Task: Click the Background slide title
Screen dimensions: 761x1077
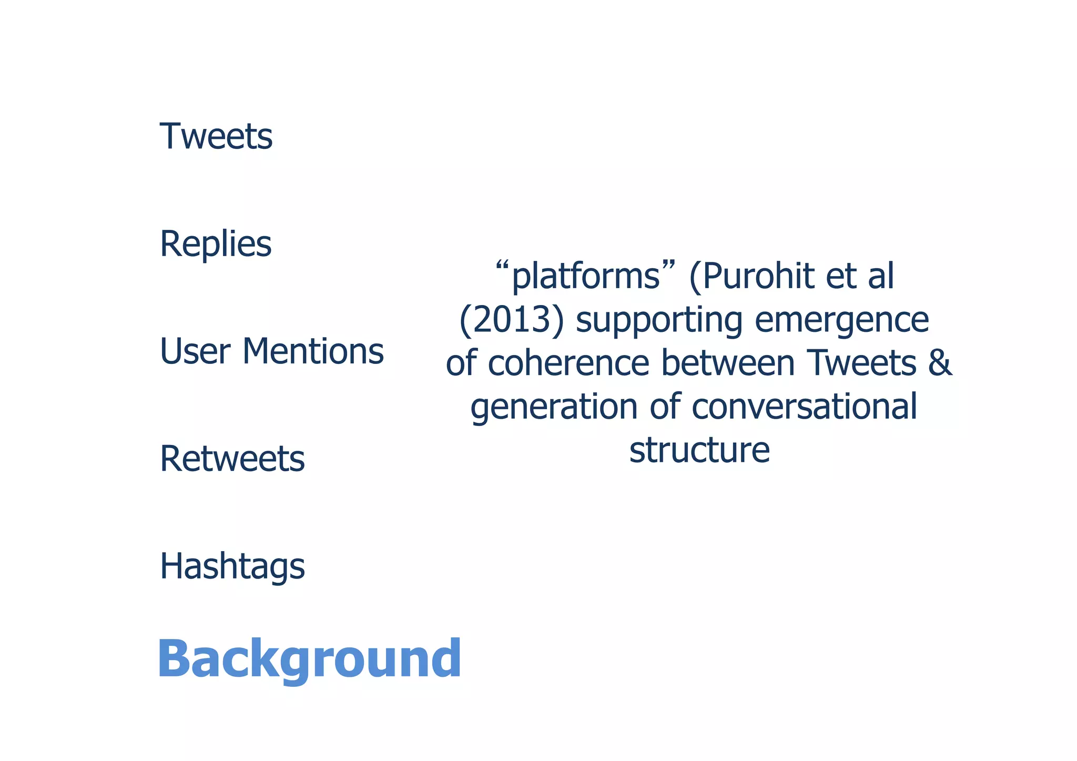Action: [309, 658]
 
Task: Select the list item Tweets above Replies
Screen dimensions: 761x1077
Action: [216, 136]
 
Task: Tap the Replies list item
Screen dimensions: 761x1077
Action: [216, 244]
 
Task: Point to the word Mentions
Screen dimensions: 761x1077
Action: [313, 351]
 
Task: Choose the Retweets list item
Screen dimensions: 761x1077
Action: [232, 459]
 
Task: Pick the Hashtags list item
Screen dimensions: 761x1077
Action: [232, 567]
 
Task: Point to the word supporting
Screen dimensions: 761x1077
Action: [659, 320]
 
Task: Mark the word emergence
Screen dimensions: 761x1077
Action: [842, 320]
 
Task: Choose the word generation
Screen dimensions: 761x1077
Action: [554, 407]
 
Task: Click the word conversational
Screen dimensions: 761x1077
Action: [805, 407]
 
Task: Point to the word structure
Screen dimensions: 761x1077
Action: [699, 450]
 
